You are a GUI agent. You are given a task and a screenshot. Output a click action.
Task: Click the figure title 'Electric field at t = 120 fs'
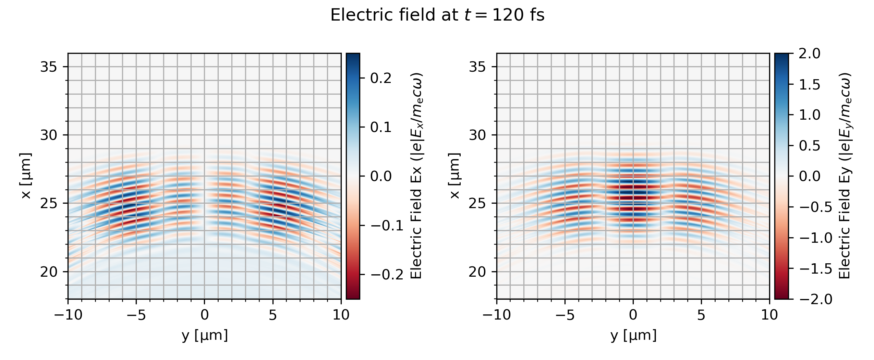point(437,15)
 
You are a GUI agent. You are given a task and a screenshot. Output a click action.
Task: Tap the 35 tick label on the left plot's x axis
point(48,67)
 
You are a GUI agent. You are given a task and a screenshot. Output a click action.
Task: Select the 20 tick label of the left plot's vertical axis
point(48,272)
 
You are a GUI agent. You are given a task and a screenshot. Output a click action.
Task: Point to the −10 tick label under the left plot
point(68,315)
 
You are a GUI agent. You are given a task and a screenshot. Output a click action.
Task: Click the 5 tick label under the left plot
point(273,315)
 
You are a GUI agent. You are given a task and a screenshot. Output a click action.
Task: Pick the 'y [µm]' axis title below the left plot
point(205,335)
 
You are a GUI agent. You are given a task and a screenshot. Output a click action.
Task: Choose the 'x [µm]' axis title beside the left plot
point(26,176)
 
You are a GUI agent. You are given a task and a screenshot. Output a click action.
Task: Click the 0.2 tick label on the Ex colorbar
point(380,78)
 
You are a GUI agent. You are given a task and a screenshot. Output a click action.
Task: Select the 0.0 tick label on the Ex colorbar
point(380,176)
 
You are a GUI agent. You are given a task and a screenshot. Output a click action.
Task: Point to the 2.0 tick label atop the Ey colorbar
point(810,53)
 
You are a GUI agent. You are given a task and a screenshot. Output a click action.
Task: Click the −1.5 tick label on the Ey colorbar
point(815,268)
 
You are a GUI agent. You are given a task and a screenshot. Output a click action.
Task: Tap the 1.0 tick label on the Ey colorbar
point(810,115)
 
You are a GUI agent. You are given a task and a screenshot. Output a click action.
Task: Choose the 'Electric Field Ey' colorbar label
point(845,176)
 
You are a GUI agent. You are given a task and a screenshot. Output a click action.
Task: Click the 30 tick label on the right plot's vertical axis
point(477,135)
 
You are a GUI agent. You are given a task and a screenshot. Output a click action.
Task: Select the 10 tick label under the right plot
point(769,315)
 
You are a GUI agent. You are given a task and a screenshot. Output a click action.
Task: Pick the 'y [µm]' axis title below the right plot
point(633,335)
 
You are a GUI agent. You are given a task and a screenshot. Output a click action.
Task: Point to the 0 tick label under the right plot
point(633,315)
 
